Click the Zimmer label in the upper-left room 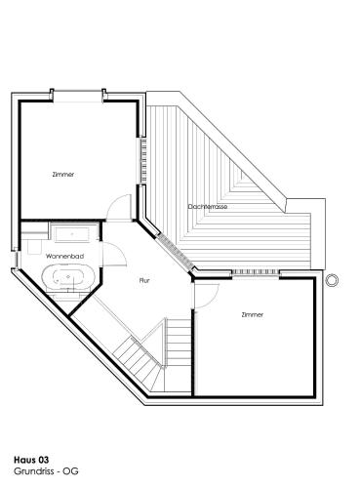click(63, 175)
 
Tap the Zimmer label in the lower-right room click(253, 314)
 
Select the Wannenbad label click(64, 257)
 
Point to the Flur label click(144, 280)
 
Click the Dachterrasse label click(208, 207)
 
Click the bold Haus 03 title click(31, 460)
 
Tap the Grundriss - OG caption click(46, 471)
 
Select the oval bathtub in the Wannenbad click(68, 277)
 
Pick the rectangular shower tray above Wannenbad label click(72, 235)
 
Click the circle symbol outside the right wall click(332, 280)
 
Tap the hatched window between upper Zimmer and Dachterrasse click(142, 160)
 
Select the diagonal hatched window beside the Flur click(176, 252)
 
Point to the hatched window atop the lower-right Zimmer click(256, 272)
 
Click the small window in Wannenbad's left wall click(16, 259)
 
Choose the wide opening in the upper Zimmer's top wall click(78, 97)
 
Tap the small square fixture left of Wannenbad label click(35, 247)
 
